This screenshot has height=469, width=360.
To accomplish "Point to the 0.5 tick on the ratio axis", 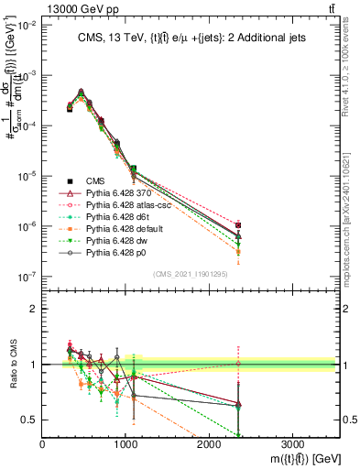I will (31, 420).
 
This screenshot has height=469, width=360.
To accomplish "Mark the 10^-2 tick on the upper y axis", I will (28, 26).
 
